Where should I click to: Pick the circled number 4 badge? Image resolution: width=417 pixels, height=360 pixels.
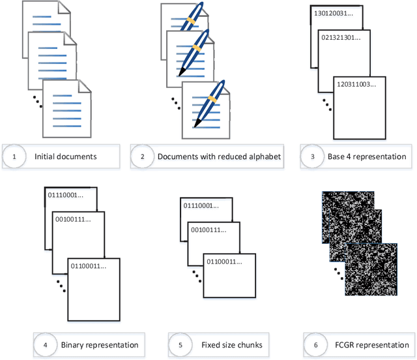(46, 344)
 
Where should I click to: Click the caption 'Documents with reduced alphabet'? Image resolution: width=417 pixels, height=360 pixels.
(220, 157)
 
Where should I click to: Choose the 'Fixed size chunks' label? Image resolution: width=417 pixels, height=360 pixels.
(226, 344)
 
